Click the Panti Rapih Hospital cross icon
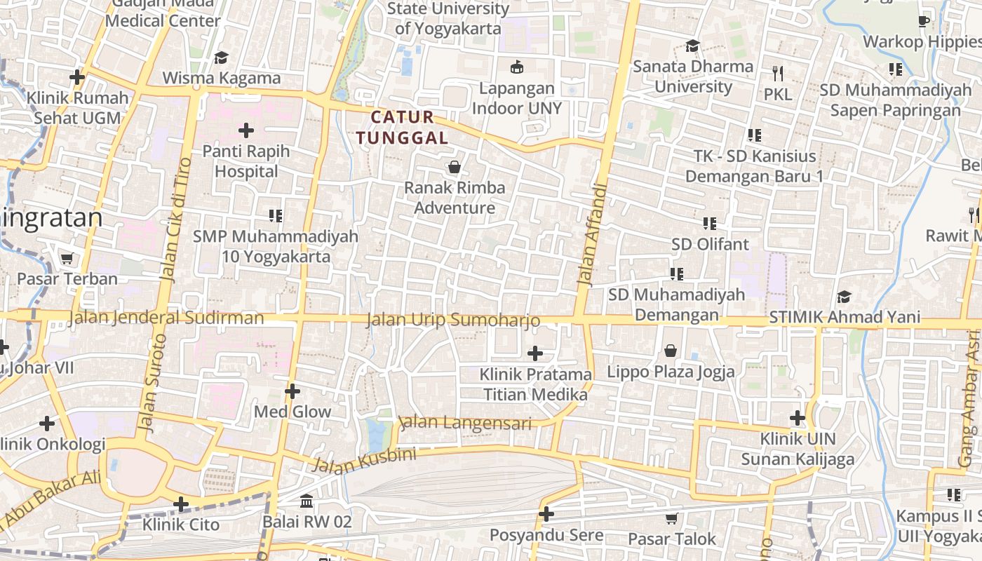tap(245, 130)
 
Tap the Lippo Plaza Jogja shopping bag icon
tap(671, 351)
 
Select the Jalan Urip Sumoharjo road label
tap(453, 320)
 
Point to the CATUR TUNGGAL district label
tap(402, 128)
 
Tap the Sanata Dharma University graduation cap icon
tap(693, 46)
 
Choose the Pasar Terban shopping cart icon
tap(67, 259)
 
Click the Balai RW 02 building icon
tap(307, 501)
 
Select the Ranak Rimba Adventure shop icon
tap(455, 167)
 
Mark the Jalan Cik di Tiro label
tap(175, 219)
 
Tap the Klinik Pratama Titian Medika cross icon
tap(535, 353)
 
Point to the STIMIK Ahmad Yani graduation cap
tap(844, 297)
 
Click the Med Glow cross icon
tap(292, 391)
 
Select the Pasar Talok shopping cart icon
tap(671, 519)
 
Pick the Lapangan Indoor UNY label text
tap(516, 98)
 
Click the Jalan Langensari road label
tap(465, 423)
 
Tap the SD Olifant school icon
tap(710, 224)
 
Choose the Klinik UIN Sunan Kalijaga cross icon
tap(798, 419)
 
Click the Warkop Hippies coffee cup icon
tap(924, 21)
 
